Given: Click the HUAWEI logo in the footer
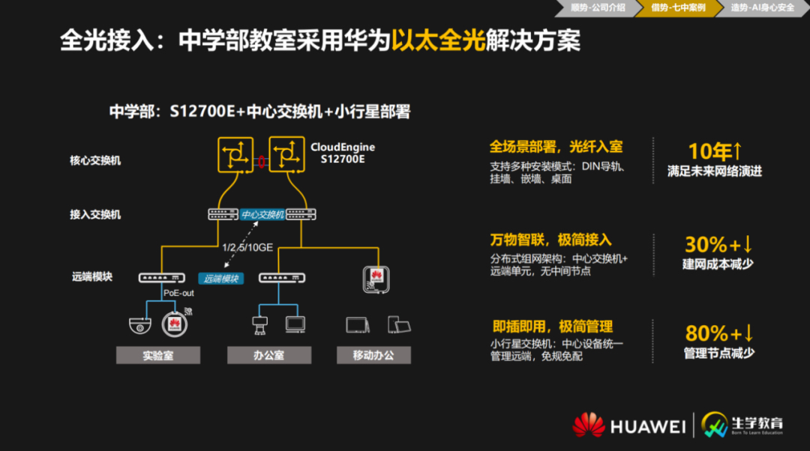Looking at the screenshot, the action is point(628,426).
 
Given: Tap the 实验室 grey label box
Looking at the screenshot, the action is point(158,355).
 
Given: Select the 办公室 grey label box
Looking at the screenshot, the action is point(269,355).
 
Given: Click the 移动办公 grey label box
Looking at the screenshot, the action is point(373,355).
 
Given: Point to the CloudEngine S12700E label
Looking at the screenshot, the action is point(343,153).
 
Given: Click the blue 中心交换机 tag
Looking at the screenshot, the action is point(262,214).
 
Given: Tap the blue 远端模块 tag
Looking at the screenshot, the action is point(221,279).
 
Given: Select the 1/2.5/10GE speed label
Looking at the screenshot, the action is point(247,248).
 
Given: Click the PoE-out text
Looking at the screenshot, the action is point(178,293).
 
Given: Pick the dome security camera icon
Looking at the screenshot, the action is point(140,325).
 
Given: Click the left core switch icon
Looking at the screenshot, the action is point(235,155).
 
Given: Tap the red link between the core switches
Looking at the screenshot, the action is point(262,162).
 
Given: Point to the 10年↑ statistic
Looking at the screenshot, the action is point(715,151).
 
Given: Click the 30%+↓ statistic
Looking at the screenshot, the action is point(718,244).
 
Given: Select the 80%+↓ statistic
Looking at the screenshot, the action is point(719,333).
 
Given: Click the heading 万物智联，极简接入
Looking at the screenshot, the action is point(550,240).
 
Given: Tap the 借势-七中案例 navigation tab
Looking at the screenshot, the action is point(678,7).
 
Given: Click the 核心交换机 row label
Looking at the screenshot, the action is point(95,160).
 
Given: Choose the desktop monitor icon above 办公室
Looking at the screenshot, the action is point(295,324).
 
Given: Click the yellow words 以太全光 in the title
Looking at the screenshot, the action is point(438,40).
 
